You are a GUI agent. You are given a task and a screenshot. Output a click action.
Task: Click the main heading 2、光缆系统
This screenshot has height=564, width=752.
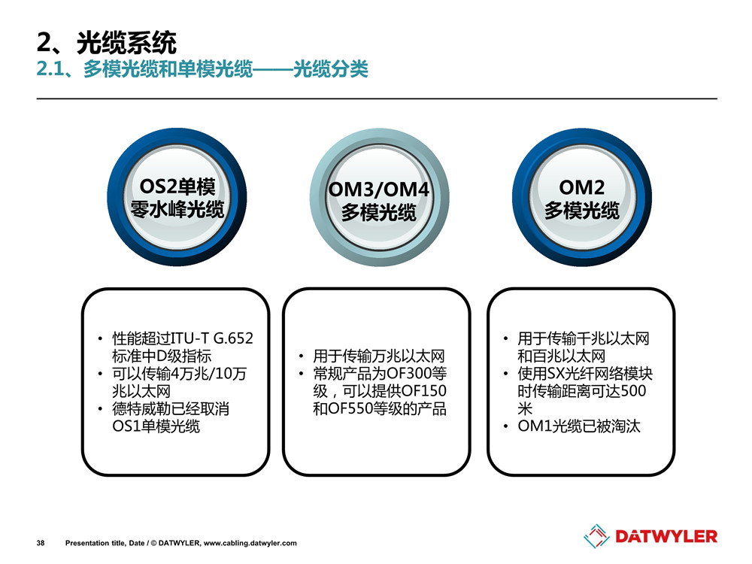[x=107, y=43]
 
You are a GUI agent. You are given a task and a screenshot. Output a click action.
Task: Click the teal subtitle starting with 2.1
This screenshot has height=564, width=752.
[x=202, y=69]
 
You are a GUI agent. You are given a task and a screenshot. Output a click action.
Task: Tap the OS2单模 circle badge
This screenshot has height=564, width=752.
[x=177, y=197]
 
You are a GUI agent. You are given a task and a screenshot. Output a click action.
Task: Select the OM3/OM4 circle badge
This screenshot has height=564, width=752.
[x=379, y=197]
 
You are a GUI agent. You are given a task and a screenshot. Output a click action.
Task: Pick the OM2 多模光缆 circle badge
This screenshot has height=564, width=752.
[x=582, y=197]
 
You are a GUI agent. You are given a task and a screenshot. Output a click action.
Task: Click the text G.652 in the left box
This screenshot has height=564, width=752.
[x=233, y=338]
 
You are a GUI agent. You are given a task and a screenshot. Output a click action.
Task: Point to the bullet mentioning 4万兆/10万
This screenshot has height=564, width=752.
[x=180, y=382]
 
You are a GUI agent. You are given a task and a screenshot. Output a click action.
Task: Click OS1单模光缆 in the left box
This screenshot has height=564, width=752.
[x=156, y=426]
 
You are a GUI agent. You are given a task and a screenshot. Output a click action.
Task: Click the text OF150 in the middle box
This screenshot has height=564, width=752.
[x=424, y=391]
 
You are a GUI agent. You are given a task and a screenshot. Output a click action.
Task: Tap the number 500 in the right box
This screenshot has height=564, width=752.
[x=633, y=391]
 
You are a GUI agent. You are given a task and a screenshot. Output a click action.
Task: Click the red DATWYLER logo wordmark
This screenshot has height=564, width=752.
[x=666, y=536]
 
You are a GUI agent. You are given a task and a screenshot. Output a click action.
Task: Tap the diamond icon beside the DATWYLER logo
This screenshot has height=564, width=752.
[x=596, y=536]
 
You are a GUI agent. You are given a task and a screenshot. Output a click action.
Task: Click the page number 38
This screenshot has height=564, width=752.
[x=41, y=543]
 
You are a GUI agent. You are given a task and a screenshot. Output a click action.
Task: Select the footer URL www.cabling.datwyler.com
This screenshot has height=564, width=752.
[x=250, y=543]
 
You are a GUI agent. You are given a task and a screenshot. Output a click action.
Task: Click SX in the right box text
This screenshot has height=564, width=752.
[x=556, y=374]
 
